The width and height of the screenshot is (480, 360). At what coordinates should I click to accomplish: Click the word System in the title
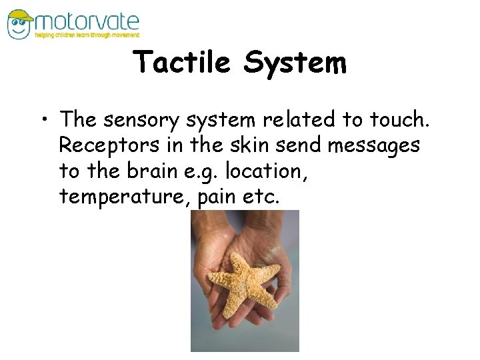click(x=295, y=63)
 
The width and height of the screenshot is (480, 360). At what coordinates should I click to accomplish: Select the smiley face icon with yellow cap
click(x=19, y=23)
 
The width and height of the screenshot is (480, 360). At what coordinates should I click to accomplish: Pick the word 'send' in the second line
click(x=288, y=145)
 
